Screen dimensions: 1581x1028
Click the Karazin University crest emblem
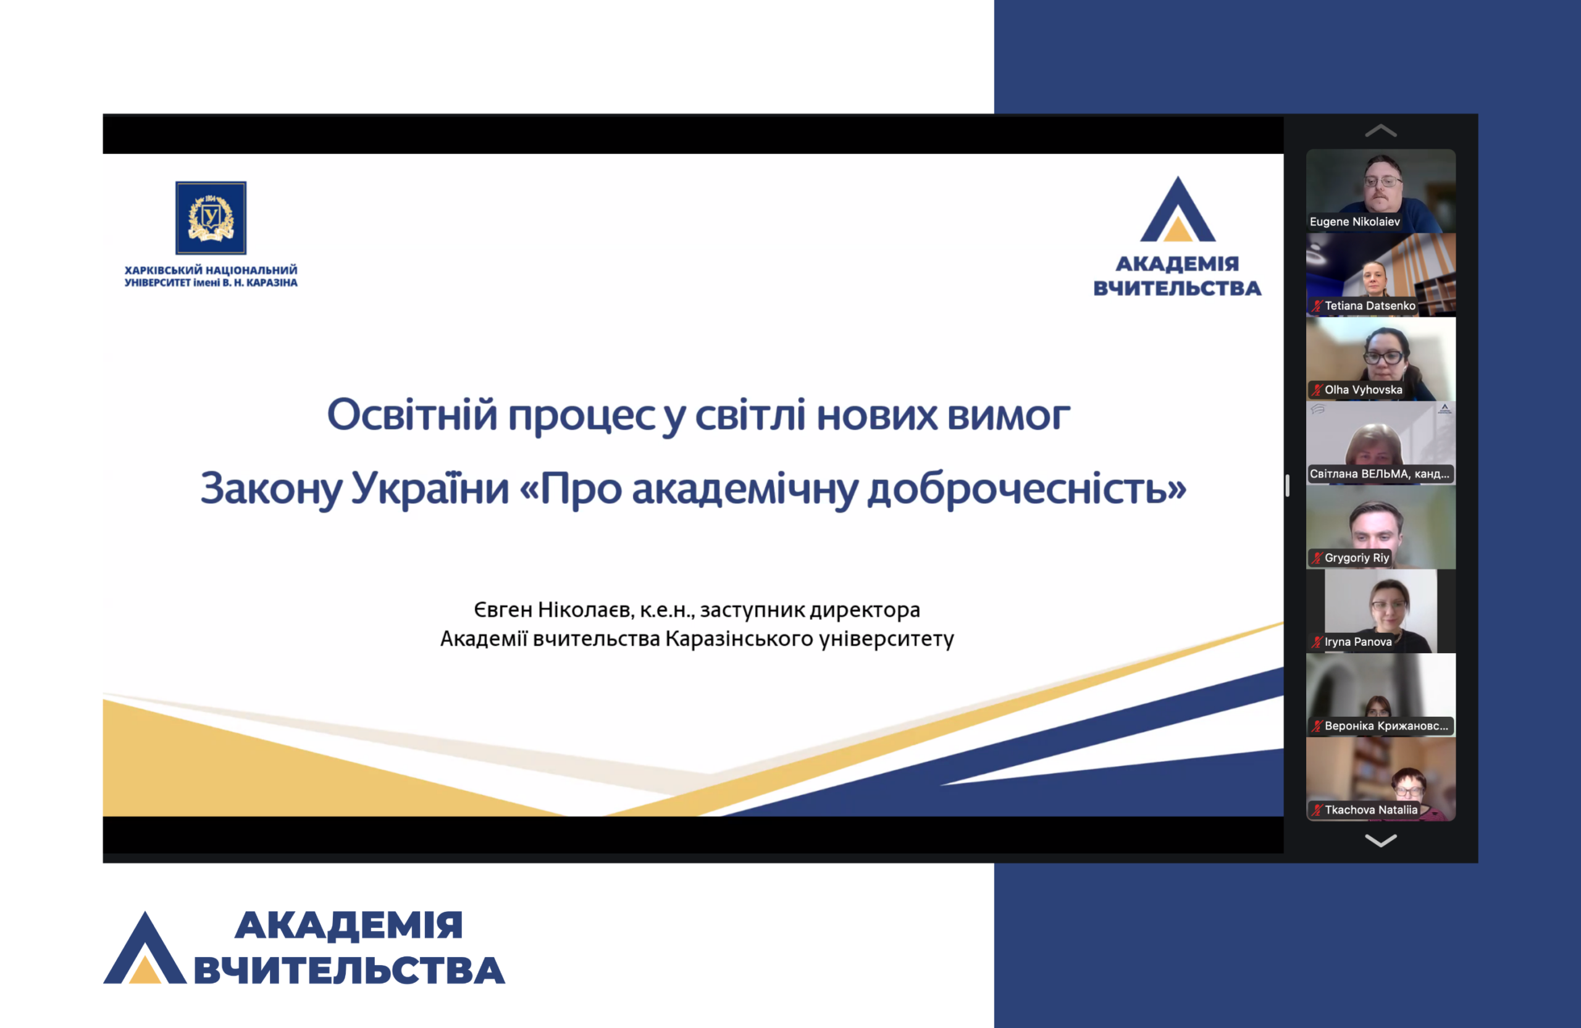pos(211,218)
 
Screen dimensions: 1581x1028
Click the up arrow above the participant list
pos(1380,131)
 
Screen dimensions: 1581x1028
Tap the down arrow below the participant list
pos(1380,841)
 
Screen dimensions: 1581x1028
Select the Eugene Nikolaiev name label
pos(1354,222)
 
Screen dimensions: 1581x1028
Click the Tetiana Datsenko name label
pos(1370,306)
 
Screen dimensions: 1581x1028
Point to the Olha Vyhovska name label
pos(1363,390)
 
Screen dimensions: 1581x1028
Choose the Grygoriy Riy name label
pos(1356,558)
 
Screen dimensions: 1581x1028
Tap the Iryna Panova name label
pos(1358,641)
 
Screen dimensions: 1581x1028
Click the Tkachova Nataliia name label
pos(1371,809)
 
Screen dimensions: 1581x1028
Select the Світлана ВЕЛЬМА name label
pos(1379,474)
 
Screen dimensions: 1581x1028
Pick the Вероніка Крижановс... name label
pos(1386,726)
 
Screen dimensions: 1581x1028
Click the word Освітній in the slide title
pos(412,415)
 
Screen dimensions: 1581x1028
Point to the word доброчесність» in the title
pos(1027,489)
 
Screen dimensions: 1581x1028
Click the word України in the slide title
pos(430,489)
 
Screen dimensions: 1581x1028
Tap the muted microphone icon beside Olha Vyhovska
pos(1316,390)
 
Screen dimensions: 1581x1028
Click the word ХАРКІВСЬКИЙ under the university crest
pos(163,270)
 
